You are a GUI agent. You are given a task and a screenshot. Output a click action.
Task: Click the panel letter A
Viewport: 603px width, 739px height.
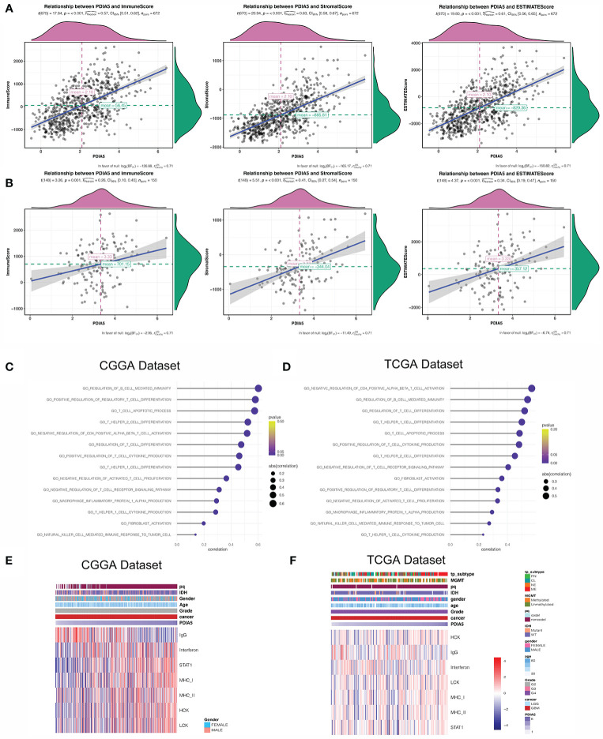click(8, 9)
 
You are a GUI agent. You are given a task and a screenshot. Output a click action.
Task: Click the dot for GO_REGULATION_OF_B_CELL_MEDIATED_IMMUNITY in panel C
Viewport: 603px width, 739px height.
click(258, 388)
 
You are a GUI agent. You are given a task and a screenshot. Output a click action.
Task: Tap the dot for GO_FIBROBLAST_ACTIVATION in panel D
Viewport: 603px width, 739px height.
click(501, 478)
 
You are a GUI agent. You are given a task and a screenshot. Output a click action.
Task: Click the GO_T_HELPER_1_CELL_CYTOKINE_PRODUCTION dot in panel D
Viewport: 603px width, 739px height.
click(484, 535)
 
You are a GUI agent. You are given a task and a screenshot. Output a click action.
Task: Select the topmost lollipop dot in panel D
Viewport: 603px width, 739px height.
click(531, 388)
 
